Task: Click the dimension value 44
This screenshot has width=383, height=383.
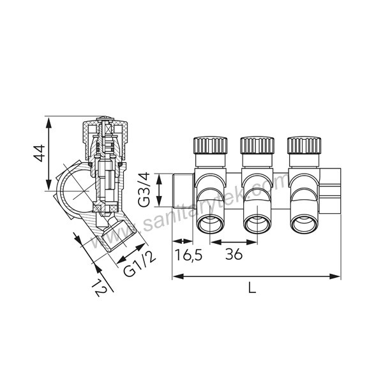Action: (x=39, y=154)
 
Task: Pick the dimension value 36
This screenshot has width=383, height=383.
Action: (x=234, y=255)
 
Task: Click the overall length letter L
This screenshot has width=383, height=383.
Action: (x=252, y=288)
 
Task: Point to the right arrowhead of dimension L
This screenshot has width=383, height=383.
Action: (x=337, y=276)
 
